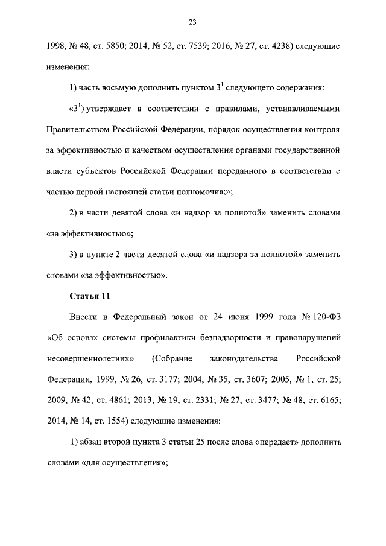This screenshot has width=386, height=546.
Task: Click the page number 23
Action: point(192,22)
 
